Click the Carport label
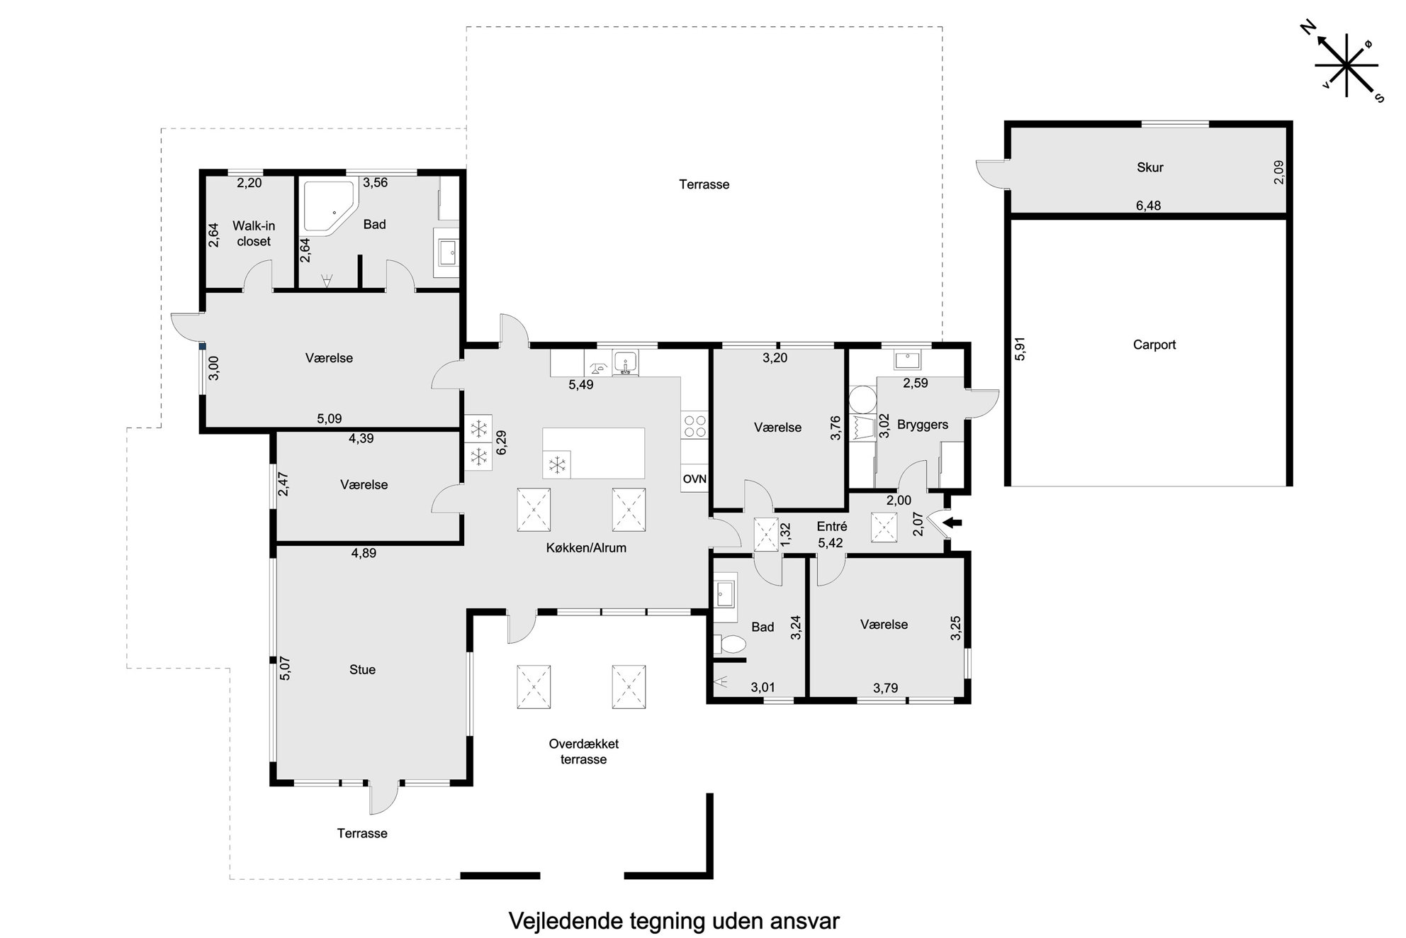[1154, 345]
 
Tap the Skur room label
[1149, 167]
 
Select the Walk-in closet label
[254, 233]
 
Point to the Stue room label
[362, 669]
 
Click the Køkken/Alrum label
[586, 547]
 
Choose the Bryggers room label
[922, 425]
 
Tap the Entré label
[831, 527]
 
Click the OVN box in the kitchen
[694, 479]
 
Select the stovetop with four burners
[694, 425]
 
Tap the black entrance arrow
[955, 523]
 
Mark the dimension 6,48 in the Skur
[1148, 206]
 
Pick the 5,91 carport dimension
[1020, 349]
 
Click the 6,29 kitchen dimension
[502, 442]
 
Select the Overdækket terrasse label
[583, 752]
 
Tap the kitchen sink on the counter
[626, 363]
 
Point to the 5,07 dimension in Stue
[285, 669]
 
